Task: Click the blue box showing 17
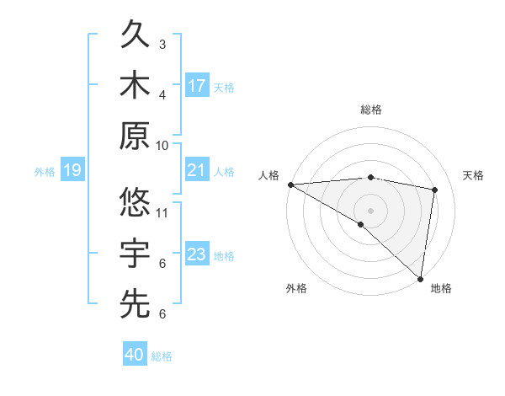(x=197, y=86)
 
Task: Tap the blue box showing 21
(x=197, y=171)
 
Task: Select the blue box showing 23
(x=197, y=255)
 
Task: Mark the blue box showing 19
(x=72, y=171)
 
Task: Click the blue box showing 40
(x=135, y=356)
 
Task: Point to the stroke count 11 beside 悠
(x=162, y=212)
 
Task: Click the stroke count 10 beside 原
(x=162, y=146)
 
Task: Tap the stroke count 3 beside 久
(x=162, y=44)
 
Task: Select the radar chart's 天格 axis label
(x=473, y=175)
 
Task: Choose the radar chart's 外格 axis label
(x=296, y=289)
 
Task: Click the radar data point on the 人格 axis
(x=290, y=185)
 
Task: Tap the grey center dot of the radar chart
(x=370, y=210)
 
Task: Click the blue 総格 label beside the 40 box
(x=162, y=356)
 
